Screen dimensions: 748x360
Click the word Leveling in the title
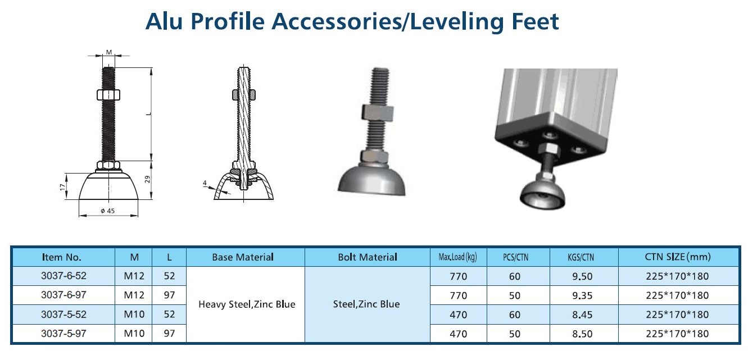pos(456,22)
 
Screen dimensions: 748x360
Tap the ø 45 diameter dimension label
pos(107,211)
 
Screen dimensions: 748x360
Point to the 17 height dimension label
pos(62,187)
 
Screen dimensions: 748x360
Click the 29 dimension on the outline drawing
pos(147,180)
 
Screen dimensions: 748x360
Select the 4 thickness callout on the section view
pos(205,183)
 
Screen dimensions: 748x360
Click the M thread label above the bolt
pos(109,52)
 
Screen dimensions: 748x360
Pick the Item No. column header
pos(62,257)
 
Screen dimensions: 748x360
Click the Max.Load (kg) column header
pos(458,257)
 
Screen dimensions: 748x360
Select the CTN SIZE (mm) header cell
pos(678,257)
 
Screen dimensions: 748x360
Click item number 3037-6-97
pos(64,295)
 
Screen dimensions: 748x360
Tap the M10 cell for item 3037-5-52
pos(134,315)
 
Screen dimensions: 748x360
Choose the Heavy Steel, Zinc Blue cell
pos(247,304)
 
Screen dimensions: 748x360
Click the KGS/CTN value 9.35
pos(582,295)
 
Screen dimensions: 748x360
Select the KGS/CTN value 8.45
pos(582,315)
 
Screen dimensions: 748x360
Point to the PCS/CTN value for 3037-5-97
pos(515,334)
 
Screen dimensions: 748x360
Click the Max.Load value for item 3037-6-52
pos(458,276)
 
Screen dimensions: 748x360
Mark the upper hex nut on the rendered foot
pos(377,112)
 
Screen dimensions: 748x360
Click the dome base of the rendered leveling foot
pos(371,180)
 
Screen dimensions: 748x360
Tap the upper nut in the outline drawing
pos(108,95)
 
